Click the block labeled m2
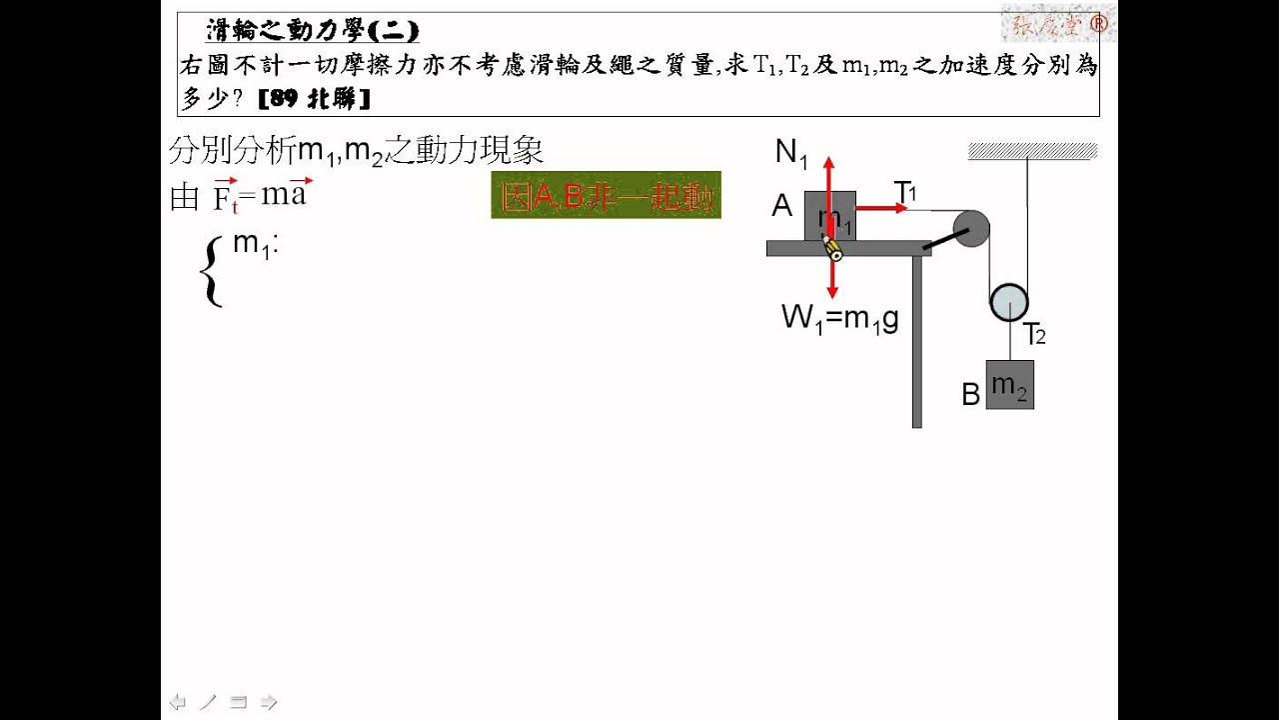(x=1009, y=385)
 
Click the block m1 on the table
(x=829, y=215)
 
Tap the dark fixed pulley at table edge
(x=970, y=229)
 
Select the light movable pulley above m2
(x=1008, y=302)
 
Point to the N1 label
(x=791, y=153)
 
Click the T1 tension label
(x=905, y=191)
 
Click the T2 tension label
(x=1033, y=334)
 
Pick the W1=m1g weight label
(x=840, y=319)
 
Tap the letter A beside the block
(x=781, y=206)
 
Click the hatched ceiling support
(x=1032, y=151)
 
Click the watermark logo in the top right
(x=1058, y=22)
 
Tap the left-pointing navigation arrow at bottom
(x=178, y=702)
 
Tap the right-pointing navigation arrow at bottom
(x=269, y=702)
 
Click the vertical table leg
(x=916, y=340)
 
